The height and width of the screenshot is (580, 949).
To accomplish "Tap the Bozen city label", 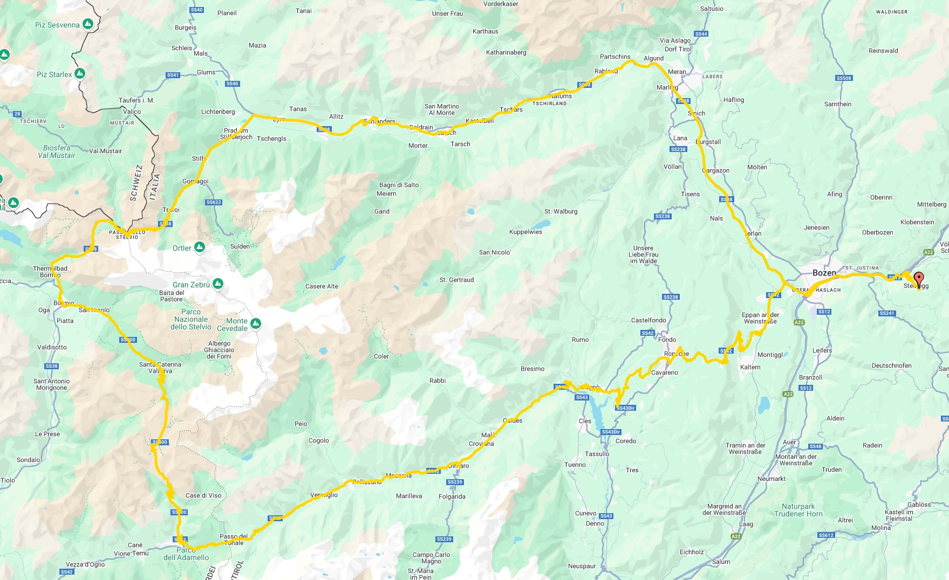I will tap(824, 273).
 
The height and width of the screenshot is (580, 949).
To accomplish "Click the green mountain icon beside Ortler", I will tap(200, 247).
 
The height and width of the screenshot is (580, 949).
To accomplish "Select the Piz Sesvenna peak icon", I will tap(88, 24).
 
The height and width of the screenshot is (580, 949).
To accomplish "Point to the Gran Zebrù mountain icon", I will tap(218, 284).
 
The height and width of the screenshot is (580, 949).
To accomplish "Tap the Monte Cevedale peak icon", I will tap(256, 323).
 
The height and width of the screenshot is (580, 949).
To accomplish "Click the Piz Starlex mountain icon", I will tap(80, 73).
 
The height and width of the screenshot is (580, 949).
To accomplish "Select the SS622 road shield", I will tap(214, 202).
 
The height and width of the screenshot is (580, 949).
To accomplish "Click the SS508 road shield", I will tap(844, 78).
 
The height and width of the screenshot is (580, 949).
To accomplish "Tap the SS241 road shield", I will tap(887, 313).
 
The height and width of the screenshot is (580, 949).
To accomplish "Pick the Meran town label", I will tap(677, 72).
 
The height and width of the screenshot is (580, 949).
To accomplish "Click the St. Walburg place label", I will tap(561, 211).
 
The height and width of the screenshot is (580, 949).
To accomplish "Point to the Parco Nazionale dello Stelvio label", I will tap(191, 319).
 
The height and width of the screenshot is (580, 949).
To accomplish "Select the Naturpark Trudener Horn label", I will tap(798, 510).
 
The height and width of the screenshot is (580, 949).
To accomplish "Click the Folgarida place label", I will tap(452, 496).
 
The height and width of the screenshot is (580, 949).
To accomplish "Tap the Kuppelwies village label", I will tap(525, 232).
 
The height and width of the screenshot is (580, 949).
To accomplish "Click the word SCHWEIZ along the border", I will tap(136, 183).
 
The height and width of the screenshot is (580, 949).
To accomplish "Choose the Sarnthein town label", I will tap(838, 104).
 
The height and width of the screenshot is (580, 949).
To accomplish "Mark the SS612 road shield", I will tap(825, 535).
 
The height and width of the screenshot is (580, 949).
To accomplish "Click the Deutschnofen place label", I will tap(891, 365).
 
